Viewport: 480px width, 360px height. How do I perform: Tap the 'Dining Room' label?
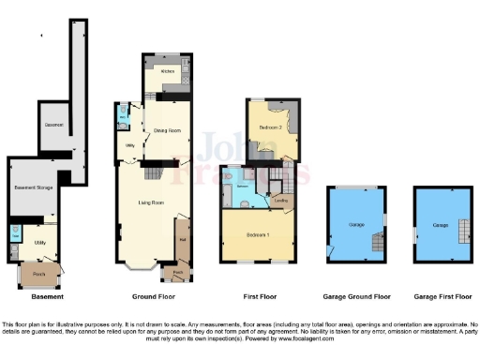coord(154,130)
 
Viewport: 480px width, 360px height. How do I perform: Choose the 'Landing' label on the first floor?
coord(280,199)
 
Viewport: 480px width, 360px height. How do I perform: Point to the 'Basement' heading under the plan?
coord(47,296)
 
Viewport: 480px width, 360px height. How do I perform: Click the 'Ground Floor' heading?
coord(155,296)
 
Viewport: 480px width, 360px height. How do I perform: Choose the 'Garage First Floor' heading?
coord(442,296)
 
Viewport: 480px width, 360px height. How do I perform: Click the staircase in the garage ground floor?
coord(375,244)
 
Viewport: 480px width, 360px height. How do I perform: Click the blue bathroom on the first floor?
coord(242,187)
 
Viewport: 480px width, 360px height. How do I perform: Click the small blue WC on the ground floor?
coord(123,117)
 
